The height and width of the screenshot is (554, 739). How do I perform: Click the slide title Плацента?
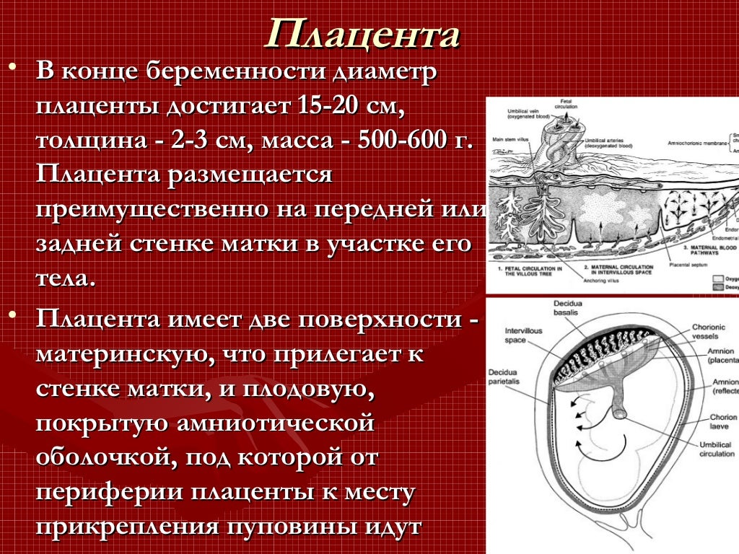coord(362,35)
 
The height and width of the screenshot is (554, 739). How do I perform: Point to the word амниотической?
coord(275,423)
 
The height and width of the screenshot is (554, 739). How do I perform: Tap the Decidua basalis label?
coord(572,307)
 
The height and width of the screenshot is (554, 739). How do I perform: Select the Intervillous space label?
coord(522,335)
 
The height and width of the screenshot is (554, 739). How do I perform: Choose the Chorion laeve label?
coord(722,421)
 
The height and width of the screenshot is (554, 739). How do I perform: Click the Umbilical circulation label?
coord(715,449)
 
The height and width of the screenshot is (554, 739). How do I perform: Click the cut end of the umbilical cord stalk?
coord(620,413)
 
